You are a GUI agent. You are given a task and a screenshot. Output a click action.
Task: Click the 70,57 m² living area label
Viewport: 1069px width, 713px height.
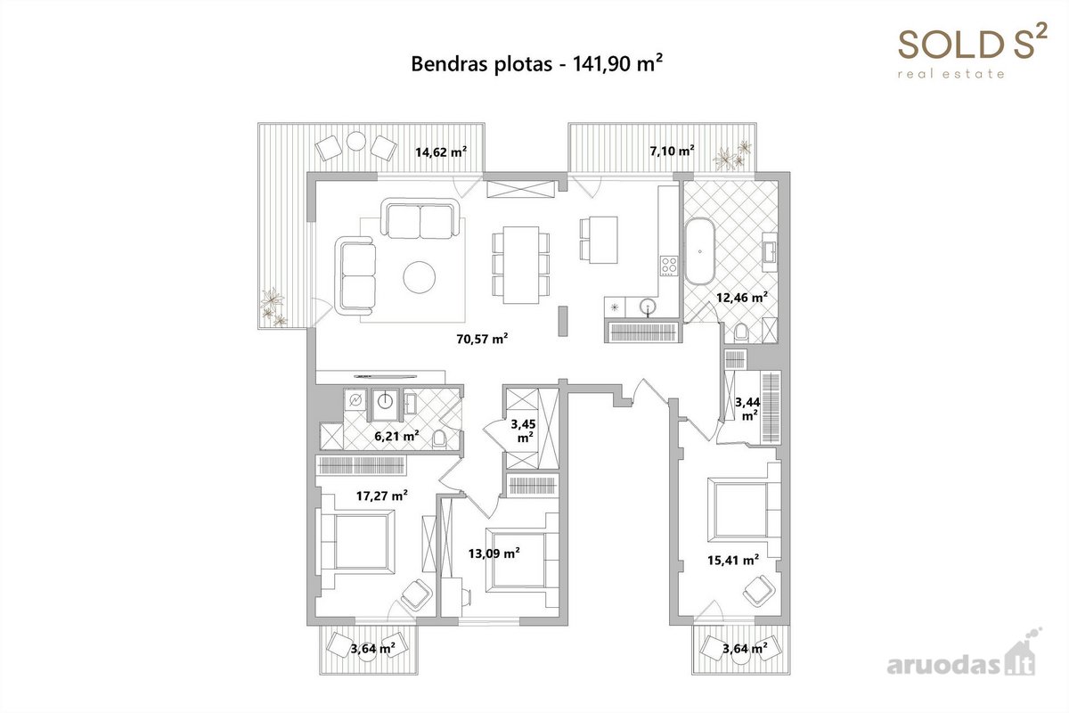click(x=482, y=339)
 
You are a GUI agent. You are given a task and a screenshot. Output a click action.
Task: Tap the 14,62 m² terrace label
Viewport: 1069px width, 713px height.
click(x=440, y=152)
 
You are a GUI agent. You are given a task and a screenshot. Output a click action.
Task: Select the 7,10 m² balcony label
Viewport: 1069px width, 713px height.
click(x=672, y=151)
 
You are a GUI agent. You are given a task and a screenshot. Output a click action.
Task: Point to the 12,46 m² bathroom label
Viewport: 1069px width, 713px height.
click(x=741, y=298)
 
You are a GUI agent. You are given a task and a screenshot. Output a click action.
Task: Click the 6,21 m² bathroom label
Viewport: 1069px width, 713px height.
click(x=396, y=436)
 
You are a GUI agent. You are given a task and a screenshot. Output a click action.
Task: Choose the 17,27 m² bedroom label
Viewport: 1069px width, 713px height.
click(x=382, y=496)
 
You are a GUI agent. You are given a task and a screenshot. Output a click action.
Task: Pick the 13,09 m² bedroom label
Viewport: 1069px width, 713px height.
click(x=494, y=553)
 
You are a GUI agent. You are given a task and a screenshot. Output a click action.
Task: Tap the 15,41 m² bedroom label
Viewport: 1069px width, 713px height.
click(x=733, y=560)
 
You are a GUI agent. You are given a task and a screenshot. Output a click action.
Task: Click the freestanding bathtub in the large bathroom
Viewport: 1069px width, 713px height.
click(x=700, y=251)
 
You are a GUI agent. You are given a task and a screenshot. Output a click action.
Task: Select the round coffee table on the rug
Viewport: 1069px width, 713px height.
click(x=419, y=276)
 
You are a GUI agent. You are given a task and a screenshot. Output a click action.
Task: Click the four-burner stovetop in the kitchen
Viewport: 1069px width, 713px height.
click(x=669, y=266)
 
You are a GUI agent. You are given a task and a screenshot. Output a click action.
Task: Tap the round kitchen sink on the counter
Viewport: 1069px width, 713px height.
click(x=648, y=307)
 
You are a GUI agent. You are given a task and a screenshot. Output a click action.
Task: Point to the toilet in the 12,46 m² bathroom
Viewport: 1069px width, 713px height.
click(x=741, y=332)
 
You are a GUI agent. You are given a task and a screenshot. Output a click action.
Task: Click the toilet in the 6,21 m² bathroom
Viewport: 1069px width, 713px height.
click(x=439, y=439)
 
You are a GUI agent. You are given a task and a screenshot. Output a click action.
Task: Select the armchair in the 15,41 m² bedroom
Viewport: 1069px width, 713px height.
click(x=758, y=590)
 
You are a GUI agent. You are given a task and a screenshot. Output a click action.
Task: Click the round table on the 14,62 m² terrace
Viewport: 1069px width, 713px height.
click(x=356, y=141)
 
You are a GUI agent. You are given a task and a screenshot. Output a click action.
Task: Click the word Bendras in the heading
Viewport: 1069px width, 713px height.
click(x=450, y=64)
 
